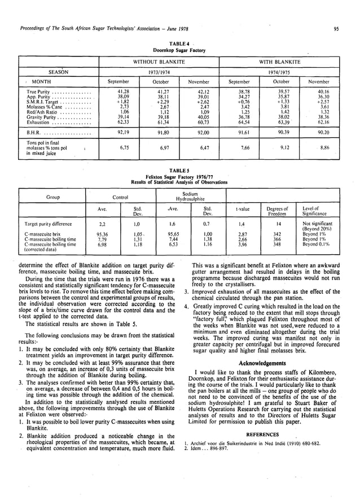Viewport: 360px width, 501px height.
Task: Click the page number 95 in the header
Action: [x=336, y=29]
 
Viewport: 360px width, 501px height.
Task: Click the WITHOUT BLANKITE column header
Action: [x=162, y=60]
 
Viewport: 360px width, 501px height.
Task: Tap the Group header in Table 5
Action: [x=54, y=197]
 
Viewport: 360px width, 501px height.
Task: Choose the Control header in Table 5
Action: [x=120, y=197]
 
